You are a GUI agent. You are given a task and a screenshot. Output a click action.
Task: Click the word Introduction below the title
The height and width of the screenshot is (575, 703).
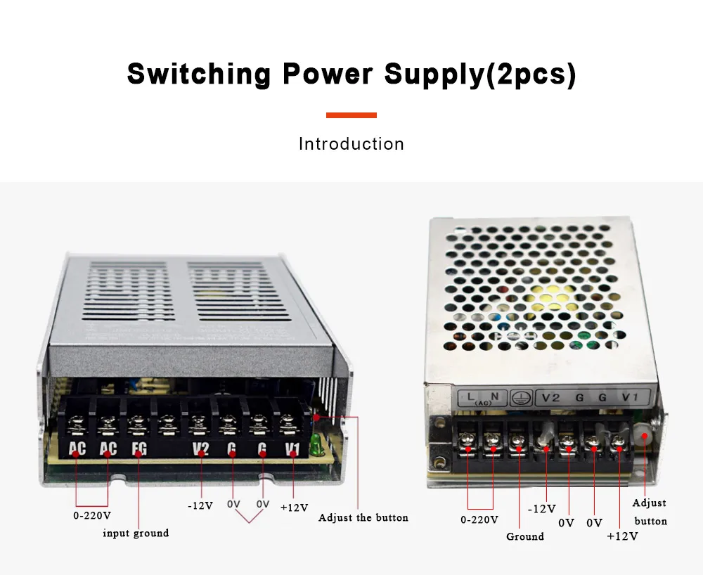point(351,144)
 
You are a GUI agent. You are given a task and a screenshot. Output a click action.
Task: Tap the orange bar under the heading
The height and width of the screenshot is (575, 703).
point(351,115)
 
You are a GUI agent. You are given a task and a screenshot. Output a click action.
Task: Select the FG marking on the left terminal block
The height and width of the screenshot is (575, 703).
point(138,448)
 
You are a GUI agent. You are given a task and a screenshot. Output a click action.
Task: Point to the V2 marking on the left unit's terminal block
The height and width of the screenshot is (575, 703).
point(200,448)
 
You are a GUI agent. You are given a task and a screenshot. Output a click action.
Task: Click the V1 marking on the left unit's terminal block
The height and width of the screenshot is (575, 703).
point(293,448)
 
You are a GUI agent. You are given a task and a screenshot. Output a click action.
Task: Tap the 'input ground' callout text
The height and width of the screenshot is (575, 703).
point(136,533)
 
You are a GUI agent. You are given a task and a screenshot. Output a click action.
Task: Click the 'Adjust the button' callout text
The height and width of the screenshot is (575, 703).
point(363,517)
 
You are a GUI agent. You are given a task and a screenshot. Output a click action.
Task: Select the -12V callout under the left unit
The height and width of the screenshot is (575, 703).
point(200,505)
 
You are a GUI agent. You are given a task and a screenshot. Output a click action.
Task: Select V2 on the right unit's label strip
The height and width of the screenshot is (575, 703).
point(550,398)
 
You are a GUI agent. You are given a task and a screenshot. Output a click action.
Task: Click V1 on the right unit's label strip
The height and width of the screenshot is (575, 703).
point(629,398)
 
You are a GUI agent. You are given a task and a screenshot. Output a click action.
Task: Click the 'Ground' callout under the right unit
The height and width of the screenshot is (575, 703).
point(525,536)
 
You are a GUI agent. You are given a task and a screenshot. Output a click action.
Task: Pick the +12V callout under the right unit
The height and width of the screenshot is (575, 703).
point(622,536)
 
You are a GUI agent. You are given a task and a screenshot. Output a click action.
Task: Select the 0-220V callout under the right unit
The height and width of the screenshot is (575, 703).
point(479,519)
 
